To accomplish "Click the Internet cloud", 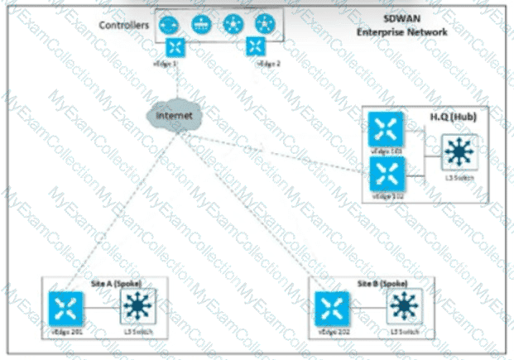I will [174, 115].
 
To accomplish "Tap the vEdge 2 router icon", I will [262, 47].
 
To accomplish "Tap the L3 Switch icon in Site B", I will [403, 308].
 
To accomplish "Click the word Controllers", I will [125, 26].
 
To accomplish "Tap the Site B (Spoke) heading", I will [379, 283].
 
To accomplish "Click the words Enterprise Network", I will [401, 31].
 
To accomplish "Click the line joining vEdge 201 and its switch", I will [100, 309].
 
